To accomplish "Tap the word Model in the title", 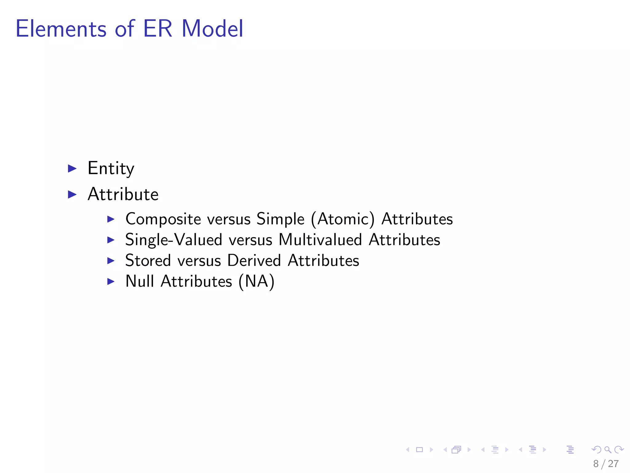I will tap(212, 29).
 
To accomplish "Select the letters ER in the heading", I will tap(157, 29).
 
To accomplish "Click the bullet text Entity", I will tap(111, 169).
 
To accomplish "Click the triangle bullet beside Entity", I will tap(72, 168).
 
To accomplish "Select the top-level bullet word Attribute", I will tap(123, 194).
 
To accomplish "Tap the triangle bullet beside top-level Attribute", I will tap(72, 194).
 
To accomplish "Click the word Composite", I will tap(163, 220).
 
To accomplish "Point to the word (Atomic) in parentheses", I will tap(343, 220).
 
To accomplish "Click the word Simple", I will tap(280, 220).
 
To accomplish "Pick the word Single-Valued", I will tap(173, 240).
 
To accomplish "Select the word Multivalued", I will tap(320, 240).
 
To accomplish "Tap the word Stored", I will tap(148, 261).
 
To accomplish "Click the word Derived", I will tap(254, 261).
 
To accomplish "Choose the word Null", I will tap(140, 281).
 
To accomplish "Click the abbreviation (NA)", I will tap(257, 281).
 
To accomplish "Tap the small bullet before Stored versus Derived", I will tap(111, 261).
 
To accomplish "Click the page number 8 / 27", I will tap(606, 464).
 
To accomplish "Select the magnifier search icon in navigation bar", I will tap(608, 450).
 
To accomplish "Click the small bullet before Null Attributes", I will tap(111, 281).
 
